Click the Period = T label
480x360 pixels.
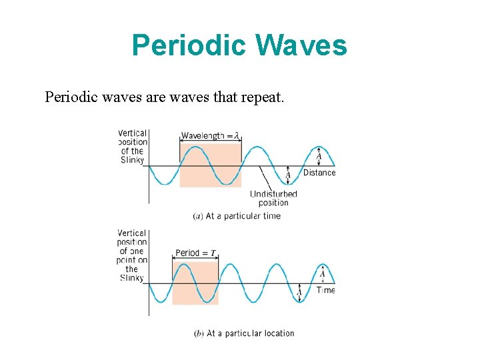click(195, 253)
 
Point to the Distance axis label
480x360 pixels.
click(319, 173)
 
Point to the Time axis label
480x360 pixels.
click(326, 290)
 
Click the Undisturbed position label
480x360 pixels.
click(273, 198)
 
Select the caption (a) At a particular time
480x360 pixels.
click(237, 216)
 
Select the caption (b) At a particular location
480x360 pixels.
click(244, 333)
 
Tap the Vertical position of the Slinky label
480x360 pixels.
click(133, 147)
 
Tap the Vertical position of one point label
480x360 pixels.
click(132, 255)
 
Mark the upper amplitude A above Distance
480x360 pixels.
click(319, 155)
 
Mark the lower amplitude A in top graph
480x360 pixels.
click(288, 175)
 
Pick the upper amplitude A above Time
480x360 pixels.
click(322, 273)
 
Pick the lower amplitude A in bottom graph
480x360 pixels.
click(299, 292)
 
